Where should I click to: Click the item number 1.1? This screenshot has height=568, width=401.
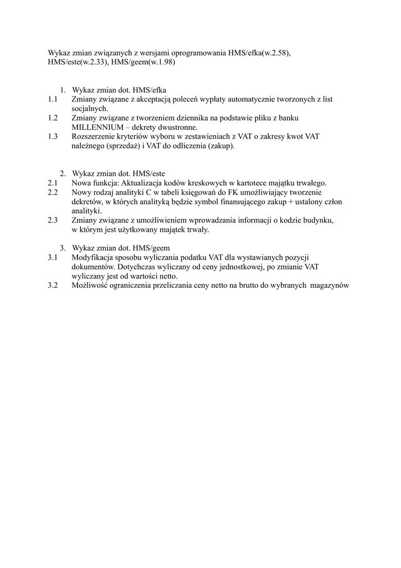[53, 99]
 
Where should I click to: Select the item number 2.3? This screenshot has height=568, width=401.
[53, 220]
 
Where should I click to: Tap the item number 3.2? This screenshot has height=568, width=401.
[53, 286]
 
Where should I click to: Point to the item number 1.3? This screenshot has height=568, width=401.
[53, 136]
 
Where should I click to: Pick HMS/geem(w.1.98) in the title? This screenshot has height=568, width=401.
[143, 63]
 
